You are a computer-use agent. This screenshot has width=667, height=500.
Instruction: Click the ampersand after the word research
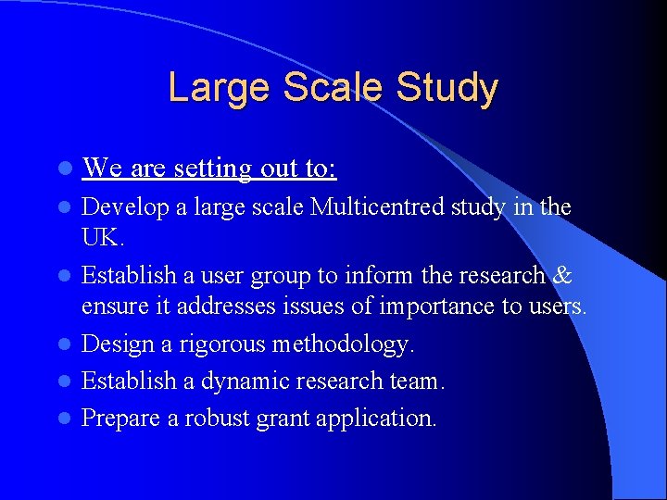pyautogui.click(x=562, y=275)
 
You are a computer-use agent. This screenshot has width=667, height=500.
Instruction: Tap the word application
pyautogui.click(x=375, y=419)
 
